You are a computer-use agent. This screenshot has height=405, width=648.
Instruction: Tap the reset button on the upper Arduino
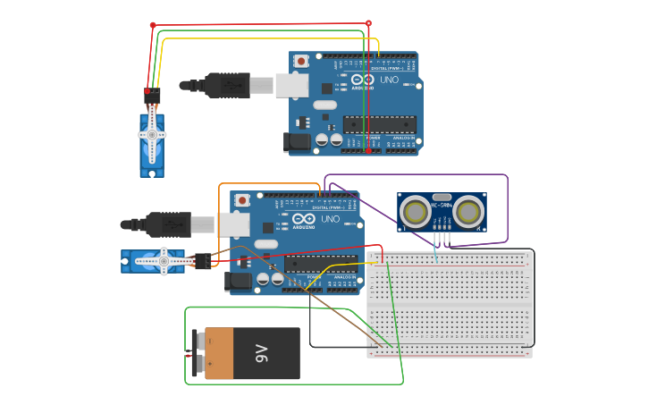click(302, 61)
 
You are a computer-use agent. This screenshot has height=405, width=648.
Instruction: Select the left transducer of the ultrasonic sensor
click(415, 212)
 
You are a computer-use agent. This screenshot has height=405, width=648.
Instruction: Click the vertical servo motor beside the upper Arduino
click(152, 141)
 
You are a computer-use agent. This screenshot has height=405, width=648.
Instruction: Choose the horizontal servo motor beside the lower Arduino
click(156, 261)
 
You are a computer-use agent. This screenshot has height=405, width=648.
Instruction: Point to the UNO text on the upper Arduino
click(390, 80)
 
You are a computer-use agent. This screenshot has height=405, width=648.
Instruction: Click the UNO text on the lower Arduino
click(331, 219)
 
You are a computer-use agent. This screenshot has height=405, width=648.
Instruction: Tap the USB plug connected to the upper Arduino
click(228, 85)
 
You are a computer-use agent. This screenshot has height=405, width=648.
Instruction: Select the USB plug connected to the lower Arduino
click(170, 224)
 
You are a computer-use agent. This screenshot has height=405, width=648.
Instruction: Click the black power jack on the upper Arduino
click(295, 142)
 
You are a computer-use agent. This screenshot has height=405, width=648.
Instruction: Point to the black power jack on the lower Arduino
click(237, 281)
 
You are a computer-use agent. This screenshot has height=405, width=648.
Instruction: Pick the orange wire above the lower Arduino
click(268, 184)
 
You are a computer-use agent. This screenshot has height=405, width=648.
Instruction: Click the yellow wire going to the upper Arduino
click(268, 38)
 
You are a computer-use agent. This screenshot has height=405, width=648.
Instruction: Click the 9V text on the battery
click(261, 353)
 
